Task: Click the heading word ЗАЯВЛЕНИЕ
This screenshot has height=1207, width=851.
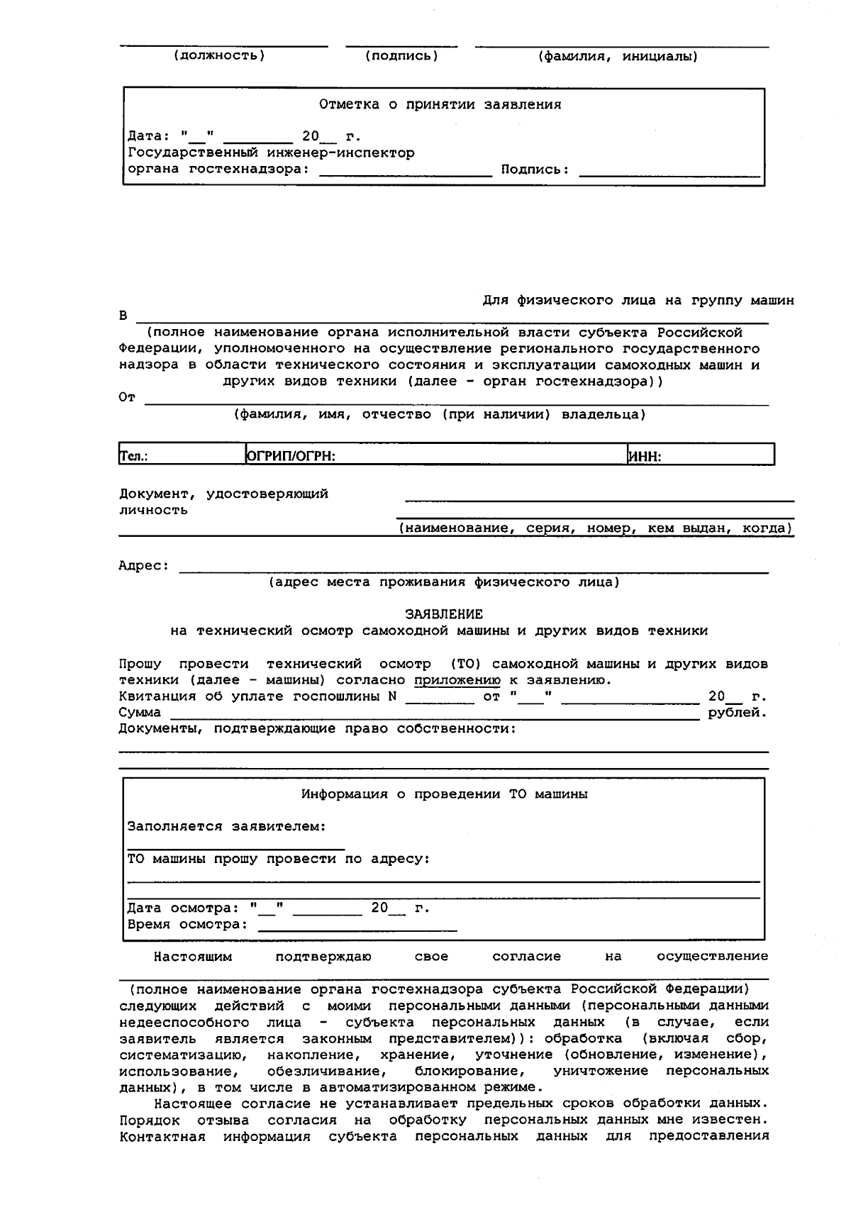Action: [444, 614]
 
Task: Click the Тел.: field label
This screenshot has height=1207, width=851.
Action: [133, 457]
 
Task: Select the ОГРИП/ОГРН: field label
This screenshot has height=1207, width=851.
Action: [290, 457]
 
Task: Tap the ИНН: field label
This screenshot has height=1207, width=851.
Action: [645, 457]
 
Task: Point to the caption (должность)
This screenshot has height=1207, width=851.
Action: [219, 55]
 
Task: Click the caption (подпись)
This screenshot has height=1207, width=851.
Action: [401, 55]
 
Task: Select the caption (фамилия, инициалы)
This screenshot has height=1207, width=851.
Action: [618, 57]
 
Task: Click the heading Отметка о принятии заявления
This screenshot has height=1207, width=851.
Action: [440, 105]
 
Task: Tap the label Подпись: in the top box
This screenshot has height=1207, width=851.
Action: [535, 169]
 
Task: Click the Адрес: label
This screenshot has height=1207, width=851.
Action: [144, 566]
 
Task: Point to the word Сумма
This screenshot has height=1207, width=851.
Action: [140, 713]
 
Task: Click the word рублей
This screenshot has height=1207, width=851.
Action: [738, 713]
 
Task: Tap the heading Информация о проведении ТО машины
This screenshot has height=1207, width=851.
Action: [444, 794]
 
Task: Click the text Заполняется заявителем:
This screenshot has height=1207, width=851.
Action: [227, 827]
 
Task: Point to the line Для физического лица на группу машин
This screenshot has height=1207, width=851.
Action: [638, 301]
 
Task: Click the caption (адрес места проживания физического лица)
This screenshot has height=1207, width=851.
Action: [444, 582]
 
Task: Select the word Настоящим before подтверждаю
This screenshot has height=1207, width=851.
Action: [193, 957]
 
